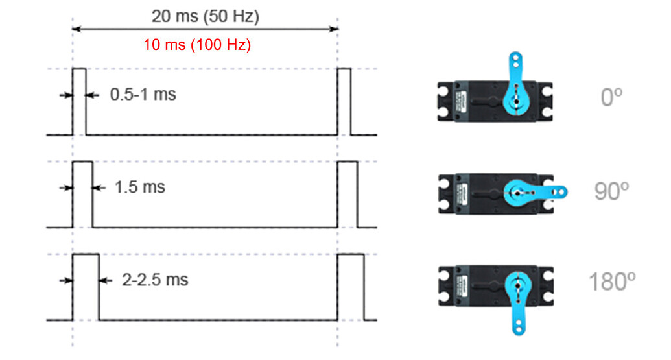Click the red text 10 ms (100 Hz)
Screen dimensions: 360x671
pyautogui.click(x=197, y=45)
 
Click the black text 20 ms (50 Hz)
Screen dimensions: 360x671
pyautogui.click(x=205, y=17)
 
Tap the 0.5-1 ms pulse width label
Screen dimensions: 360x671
pyautogui.click(x=143, y=95)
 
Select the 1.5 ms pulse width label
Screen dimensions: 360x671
pyautogui.click(x=140, y=187)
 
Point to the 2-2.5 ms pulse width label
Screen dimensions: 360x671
pyautogui.click(x=155, y=280)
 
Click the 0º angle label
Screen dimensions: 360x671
pyautogui.click(x=611, y=97)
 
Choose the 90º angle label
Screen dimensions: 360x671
pyautogui.click(x=611, y=191)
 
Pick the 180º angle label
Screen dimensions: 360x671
pyautogui.click(x=611, y=283)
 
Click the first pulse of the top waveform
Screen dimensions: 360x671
pyautogui.click(x=79, y=101)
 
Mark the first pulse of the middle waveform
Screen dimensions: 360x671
pyautogui.click(x=82, y=194)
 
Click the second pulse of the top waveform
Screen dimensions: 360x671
pyautogui.click(x=344, y=101)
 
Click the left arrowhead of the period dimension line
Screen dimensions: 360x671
pyautogui.click(x=75, y=29)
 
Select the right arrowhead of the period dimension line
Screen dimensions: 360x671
pyautogui.click(x=335, y=29)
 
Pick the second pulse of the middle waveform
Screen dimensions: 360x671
pyautogui.click(x=347, y=194)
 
